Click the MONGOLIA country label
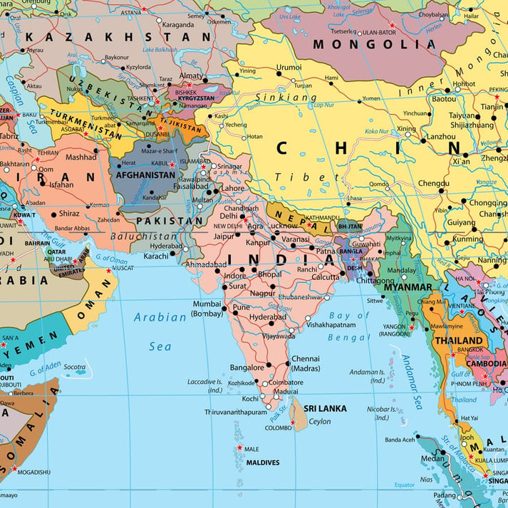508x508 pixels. point(374,44)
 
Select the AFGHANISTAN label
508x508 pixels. point(145,175)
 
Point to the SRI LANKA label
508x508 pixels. point(325,408)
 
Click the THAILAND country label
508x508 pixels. point(458,341)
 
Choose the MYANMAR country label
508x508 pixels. point(408,287)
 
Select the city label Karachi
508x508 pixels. point(155,256)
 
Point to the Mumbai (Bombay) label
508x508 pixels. point(207,309)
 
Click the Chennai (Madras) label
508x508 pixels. point(305,363)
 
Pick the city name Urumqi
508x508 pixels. point(289,67)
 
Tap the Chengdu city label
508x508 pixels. point(434,183)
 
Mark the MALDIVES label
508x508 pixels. point(263,462)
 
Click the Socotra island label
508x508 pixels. point(75,367)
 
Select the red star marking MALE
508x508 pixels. point(238,448)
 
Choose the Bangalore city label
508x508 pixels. point(247,368)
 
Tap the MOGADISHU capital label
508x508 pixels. point(31,472)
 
